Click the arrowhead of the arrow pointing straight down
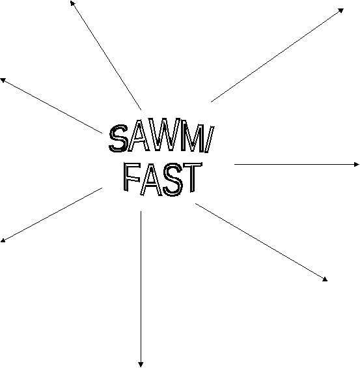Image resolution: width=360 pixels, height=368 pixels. (141, 365)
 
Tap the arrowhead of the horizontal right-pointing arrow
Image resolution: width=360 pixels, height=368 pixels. (357, 165)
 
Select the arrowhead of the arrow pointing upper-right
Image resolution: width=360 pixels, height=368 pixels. (341, 10)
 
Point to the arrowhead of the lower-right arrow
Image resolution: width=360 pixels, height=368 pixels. (325, 279)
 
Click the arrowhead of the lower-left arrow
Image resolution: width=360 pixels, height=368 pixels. (3, 240)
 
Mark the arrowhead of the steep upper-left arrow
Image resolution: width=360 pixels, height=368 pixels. (72, 3)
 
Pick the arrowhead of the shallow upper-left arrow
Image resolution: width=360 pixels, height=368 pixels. (3, 80)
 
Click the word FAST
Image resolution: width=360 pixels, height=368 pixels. (163, 180)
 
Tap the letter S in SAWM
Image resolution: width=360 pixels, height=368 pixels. (118, 138)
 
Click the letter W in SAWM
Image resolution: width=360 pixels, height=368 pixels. (162, 135)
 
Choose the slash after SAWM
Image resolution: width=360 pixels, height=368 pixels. (210, 139)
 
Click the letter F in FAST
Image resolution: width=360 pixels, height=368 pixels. (132, 177)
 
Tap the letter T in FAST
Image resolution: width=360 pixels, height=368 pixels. (193, 177)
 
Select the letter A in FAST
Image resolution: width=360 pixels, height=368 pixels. (152, 180)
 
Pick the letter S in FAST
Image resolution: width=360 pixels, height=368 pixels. (173, 180)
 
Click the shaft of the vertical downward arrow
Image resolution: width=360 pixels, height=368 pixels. (141, 287)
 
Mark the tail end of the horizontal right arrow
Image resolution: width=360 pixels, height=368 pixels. (234, 165)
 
